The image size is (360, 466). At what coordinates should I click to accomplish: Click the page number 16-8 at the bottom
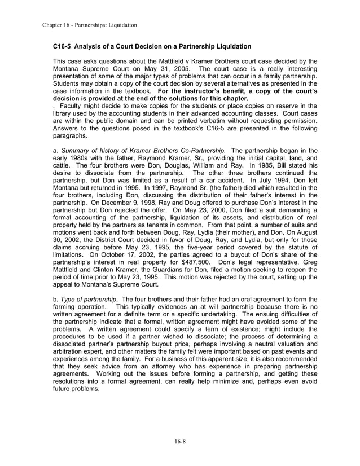tap(179, 441)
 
